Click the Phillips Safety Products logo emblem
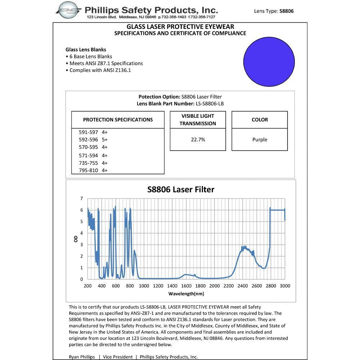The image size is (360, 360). point(68,10)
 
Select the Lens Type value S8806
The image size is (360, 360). point(286,11)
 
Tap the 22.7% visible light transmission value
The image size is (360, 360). point(198,140)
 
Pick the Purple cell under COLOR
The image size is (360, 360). point(260,140)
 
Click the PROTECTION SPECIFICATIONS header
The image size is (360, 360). point(118,120)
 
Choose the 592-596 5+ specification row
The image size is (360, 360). point(93,139)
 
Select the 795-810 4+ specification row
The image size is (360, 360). point(93,170)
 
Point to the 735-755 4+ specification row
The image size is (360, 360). point(93,163)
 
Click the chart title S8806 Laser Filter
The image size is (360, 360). point(181,189)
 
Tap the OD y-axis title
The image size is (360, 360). point(76,238)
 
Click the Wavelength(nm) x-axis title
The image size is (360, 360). point(186,294)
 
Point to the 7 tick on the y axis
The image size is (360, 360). point(82,198)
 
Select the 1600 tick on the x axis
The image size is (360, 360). point(186,286)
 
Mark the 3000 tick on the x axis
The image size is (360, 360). point(285,286)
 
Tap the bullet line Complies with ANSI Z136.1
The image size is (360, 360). point(98,70)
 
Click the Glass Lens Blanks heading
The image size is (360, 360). point(86,50)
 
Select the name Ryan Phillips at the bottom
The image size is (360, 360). point(81,357)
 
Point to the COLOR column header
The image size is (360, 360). point(260,120)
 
